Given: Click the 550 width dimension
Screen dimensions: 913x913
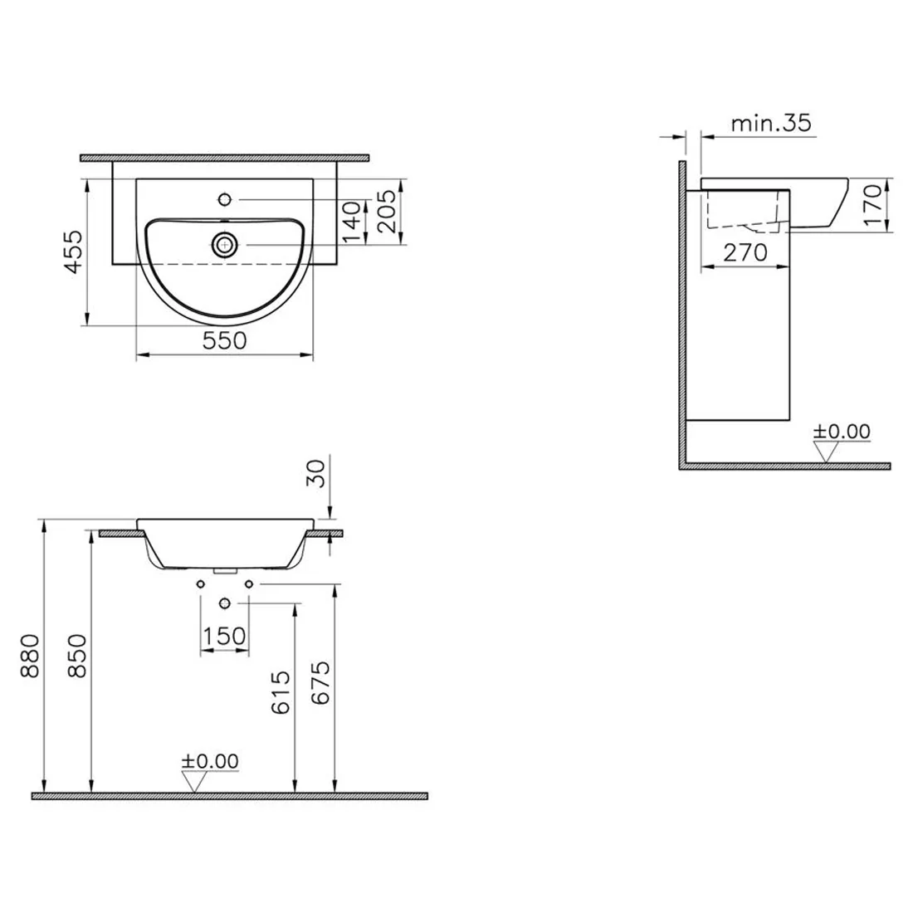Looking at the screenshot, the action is click(x=224, y=340).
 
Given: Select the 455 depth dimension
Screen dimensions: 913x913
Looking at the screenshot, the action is click(x=75, y=251).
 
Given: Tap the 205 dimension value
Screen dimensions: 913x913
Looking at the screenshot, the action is click(x=387, y=212).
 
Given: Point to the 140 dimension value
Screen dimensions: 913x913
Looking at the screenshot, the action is click(x=352, y=222).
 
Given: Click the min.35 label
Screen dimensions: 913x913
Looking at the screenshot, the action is click(x=771, y=124).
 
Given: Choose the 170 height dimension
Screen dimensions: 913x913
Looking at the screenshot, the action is click(x=873, y=205).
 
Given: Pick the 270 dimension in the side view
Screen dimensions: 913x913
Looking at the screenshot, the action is click(x=745, y=252).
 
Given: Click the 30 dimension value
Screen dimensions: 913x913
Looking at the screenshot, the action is click(x=315, y=473).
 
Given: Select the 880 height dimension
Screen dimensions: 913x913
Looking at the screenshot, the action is click(x=30, y=657).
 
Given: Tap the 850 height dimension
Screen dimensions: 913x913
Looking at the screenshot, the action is click(x=77, y=657).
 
